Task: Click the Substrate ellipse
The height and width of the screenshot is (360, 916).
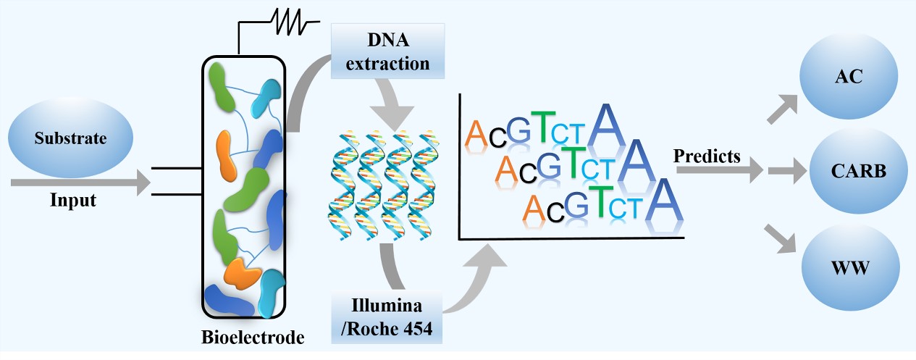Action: tap(70, 137)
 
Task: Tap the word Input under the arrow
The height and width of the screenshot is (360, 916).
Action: tap(72, 200)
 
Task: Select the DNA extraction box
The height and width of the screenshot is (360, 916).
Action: tap(387, 51)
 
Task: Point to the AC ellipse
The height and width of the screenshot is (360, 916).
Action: tap(849, 77)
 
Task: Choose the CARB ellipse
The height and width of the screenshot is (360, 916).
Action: tap(858, 172)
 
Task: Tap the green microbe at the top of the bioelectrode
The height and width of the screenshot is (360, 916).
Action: tap(222, 86)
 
